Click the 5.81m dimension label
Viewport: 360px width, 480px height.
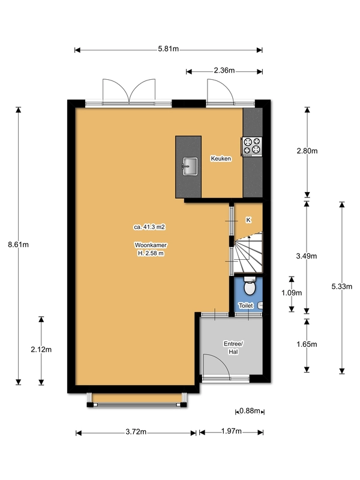[x=169, y=49]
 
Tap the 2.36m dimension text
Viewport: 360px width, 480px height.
[x=224, y=70]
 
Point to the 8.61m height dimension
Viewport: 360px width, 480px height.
[x=19, y=245]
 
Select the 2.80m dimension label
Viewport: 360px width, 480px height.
[x=307, y=151]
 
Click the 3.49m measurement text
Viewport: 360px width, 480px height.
[x=307, y=256]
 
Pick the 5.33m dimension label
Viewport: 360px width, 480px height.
[x=341, y=287]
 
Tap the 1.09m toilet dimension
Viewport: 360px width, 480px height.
[x=292, y=293]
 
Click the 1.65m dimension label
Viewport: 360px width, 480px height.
[x=307, y=344]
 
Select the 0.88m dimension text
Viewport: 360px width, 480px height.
[x=250, y=411]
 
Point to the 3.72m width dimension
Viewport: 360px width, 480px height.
[x=136, y=432]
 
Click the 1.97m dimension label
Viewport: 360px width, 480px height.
[x=232, y=431]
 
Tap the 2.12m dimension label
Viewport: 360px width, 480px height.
[x=41, y=350]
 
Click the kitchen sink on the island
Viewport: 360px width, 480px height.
[x=190, y=166]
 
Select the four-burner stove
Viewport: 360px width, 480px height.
[x=252, y=146]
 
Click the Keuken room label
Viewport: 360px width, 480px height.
[x=221, y=158]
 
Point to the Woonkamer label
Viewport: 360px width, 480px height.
[x=151, y=245]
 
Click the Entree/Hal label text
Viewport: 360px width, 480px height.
[x=233, y=348]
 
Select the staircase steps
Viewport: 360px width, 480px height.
[x=248, y=253]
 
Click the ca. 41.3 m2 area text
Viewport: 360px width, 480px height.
[x=149, y=227]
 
